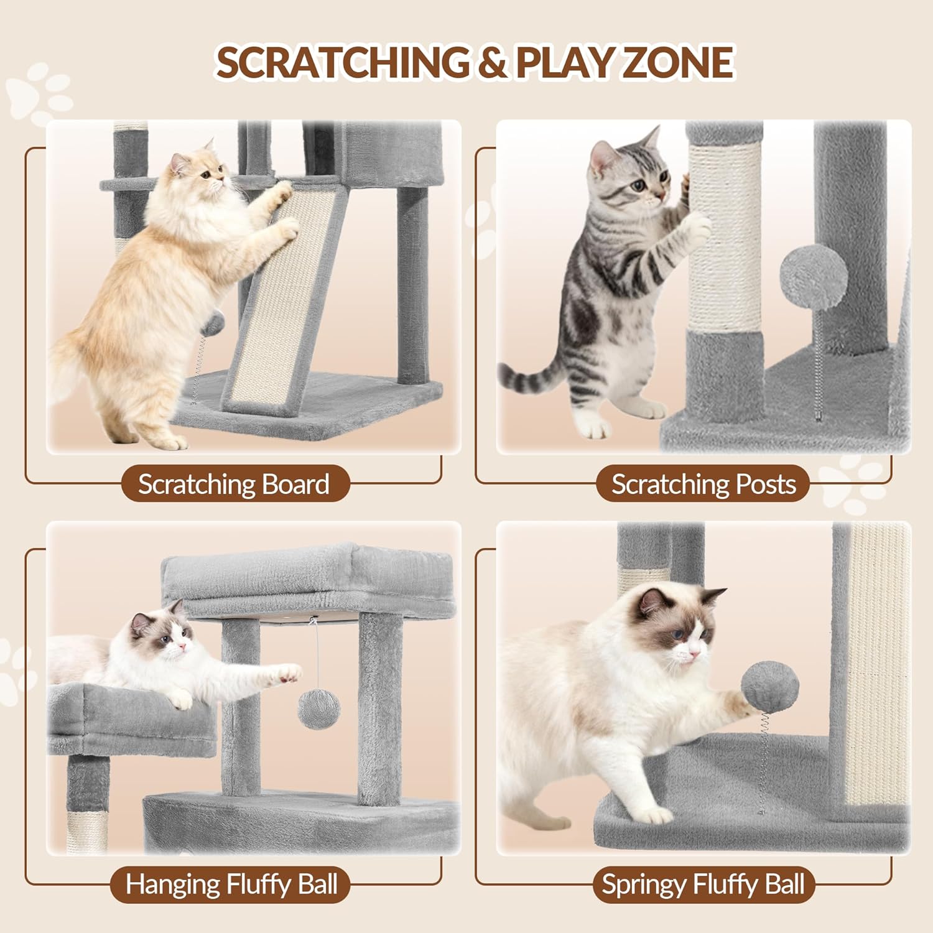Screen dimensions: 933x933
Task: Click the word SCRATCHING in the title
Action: coord(343,62)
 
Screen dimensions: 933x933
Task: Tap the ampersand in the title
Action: coord(492,63)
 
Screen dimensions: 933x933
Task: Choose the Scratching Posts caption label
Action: coord(703,484)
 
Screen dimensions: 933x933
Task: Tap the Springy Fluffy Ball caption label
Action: coord(703,884)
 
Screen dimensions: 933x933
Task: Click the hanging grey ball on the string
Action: coord(319,709)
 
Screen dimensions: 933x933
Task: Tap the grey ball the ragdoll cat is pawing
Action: coord(770,687)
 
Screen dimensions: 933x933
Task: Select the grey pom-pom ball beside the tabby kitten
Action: coord(813,277)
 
